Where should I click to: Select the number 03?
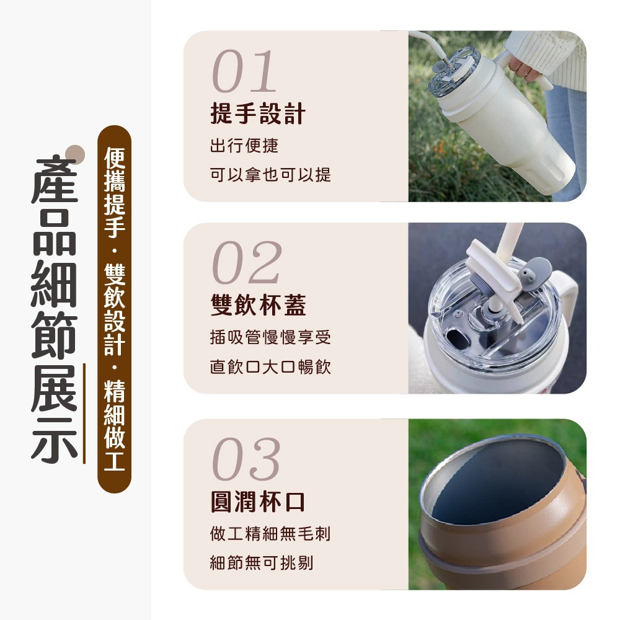coord(246,459)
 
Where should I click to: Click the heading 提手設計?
coord(258,113)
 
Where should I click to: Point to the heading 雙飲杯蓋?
coord(258,305)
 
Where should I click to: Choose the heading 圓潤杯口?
coord(258,501)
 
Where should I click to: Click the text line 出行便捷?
coord(244,146)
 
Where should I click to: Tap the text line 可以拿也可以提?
coord(270,175)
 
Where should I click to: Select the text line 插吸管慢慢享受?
coord(270,338)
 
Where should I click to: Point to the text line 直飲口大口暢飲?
coord(270,367)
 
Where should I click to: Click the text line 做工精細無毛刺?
coord(270,533)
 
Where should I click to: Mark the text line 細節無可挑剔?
coord(262,563)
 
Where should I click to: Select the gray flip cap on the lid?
coord(538,272)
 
